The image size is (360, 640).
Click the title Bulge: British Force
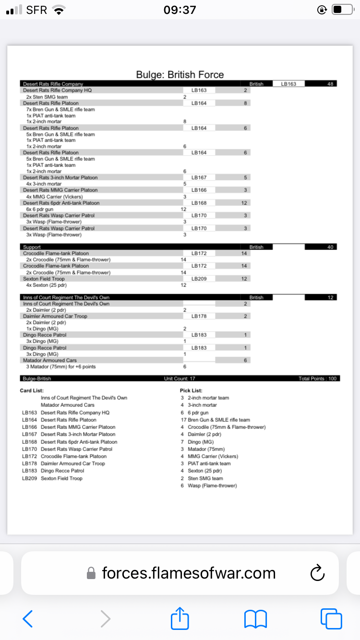(180, 74)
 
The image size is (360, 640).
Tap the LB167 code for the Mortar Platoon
(199, 178)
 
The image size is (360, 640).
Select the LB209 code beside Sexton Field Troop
(199, 279)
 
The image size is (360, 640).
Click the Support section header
(32, 247)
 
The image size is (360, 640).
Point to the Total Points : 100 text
(317, 379)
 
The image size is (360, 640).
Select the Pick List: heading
(191, 391)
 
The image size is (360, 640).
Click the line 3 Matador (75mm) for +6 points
(61, 367)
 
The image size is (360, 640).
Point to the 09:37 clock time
(180, 10)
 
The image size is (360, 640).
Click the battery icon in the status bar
(343, 10)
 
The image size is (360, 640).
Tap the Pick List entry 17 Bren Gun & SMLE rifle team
(215, 420)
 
